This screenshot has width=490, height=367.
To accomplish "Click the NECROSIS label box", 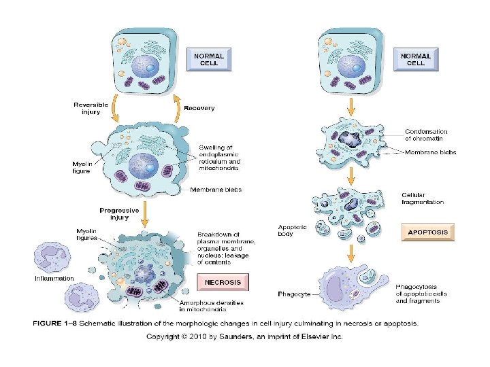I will coord(223,281).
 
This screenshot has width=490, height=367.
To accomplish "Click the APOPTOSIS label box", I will coord(428,232).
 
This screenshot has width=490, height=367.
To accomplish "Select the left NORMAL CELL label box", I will coord(209,59).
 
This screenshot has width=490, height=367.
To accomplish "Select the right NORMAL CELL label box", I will coord(416,59).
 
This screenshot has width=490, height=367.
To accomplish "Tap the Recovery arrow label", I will coord(199,107).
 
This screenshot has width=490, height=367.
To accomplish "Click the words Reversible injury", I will coord(91,107).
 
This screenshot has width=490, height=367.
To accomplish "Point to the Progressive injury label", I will coord(120,213).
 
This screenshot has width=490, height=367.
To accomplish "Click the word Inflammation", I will coord(54,279).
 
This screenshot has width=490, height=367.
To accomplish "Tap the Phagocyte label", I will coord(295,294).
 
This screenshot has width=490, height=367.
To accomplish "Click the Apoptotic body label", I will coord(293,230).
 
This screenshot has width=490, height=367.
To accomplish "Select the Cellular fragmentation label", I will coord(423,198).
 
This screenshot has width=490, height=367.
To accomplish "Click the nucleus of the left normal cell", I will coord(148,66).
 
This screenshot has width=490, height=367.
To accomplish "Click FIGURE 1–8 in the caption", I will coord(56,324).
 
